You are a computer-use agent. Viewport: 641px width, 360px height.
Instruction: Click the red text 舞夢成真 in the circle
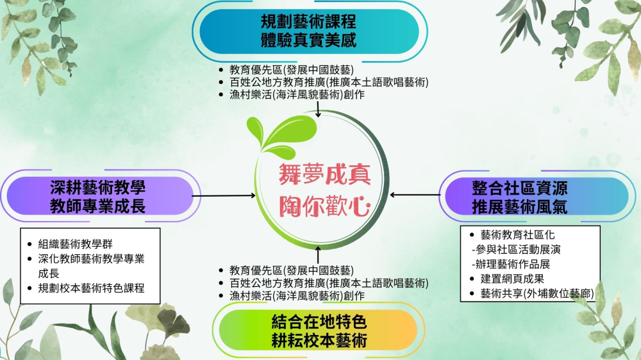pyautogui.click(x=324, y=174)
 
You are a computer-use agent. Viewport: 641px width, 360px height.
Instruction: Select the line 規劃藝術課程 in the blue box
pyautogui.click(x=309, y=21)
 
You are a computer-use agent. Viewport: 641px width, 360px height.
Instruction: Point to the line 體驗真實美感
pyautogui.click(x=309, y=40)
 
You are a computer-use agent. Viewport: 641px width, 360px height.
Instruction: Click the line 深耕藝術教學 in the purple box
pyautogui.click(x=97, y=188)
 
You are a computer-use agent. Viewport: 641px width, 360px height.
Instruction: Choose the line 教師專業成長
pyautogui.click(x=97, y=206)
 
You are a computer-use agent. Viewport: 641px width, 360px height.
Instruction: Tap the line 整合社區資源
pyautogui.click(x=520, y=188)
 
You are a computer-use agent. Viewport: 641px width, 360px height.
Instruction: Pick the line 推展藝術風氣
pyautogui.click(x=520, y=207)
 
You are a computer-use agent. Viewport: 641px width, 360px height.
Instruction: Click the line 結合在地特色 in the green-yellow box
pyautogui.click(x=319, y=322)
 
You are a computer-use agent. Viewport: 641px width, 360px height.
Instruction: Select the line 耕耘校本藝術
pyautogui.click(x=319, y=340)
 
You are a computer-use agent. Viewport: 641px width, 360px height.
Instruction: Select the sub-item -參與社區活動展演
pyautogui.click(x=516, y=249)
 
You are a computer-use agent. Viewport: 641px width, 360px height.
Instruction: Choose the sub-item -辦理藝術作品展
pyautogui.click(x=511, y=264)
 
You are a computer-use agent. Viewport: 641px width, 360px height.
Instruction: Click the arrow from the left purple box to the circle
pyautogui.click(x=224, y=196)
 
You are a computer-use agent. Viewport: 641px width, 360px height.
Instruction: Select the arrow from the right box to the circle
pyautogui.click(x=415, y=195)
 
